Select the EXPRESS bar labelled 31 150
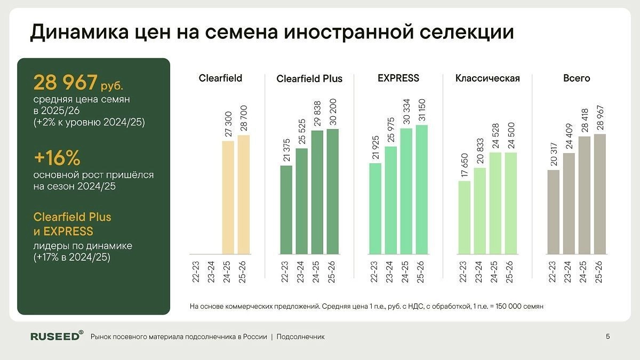click(x=421, y=189)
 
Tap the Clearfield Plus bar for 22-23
click(x=286, y=210)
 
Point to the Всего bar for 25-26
click(x=600, y=194)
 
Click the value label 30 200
click(x=333, y=112)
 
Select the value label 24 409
click(x=569, y=137)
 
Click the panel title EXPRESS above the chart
click(x=398, y=78)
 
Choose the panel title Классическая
click(x=487, y=78)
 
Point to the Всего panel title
click(x=577, y=78)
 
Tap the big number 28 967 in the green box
click(x=66, y=83)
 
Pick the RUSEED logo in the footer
click(x=57, y=336)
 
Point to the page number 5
click(x=608, y=336)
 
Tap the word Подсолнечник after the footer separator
click(x=301, y=337)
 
